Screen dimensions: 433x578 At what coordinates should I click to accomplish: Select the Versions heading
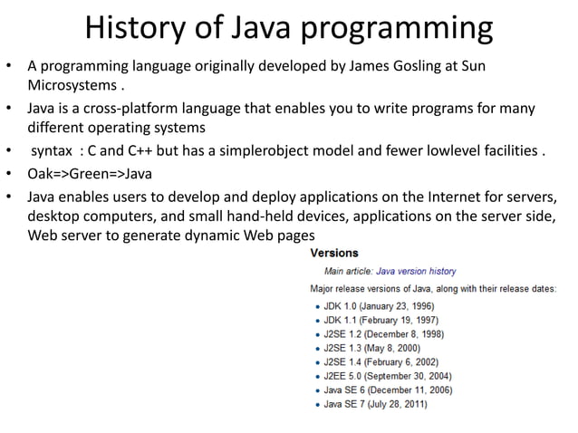tap(334, 253)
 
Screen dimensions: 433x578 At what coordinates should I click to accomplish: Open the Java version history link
tap(416, 271)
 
